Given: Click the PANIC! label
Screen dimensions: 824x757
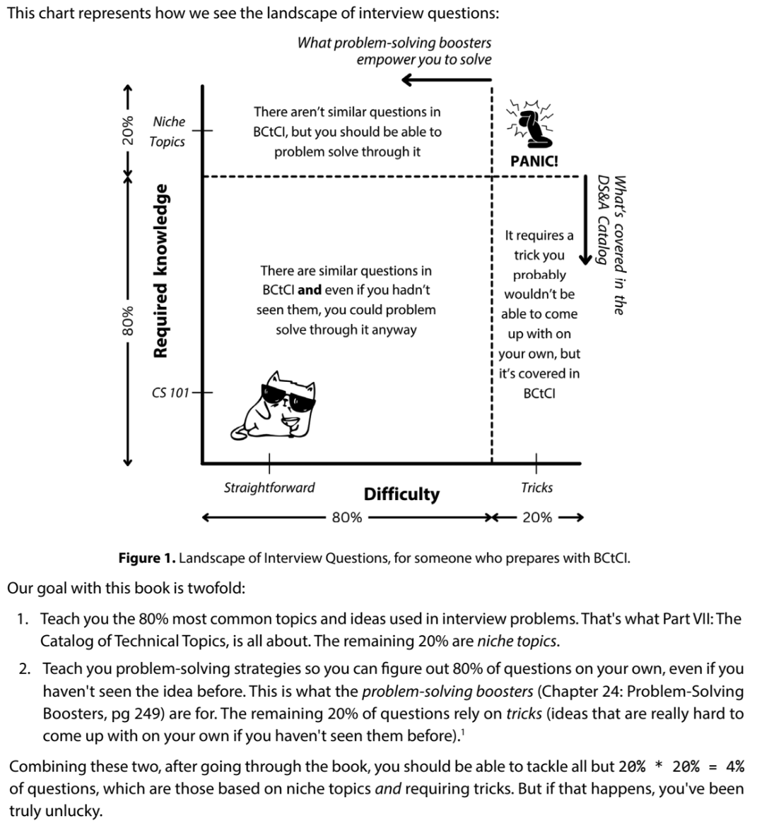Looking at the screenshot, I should [x=534, y=161].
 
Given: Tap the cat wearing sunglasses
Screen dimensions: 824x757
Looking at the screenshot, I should [x=278, y=404].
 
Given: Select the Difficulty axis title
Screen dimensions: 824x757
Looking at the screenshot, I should [x=401, y=494].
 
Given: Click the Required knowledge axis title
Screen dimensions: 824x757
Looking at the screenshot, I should [x=161, y=271].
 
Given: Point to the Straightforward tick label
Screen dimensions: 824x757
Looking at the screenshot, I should [x=269, y=487].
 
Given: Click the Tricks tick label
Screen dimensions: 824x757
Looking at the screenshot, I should [x=536, y=487].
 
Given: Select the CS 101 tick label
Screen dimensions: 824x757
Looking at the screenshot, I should [x=170, y=393].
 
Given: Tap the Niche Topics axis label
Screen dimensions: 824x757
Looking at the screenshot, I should [x=168, y=132].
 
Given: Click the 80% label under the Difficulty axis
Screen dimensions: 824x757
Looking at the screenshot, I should [x=346, y=518].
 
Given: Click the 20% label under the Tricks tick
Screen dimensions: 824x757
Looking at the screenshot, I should [x=536, y=518].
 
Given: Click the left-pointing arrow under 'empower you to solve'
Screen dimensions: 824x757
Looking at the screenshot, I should [x=445, y=80].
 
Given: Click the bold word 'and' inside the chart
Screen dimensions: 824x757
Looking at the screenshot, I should [x=310, y=290].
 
